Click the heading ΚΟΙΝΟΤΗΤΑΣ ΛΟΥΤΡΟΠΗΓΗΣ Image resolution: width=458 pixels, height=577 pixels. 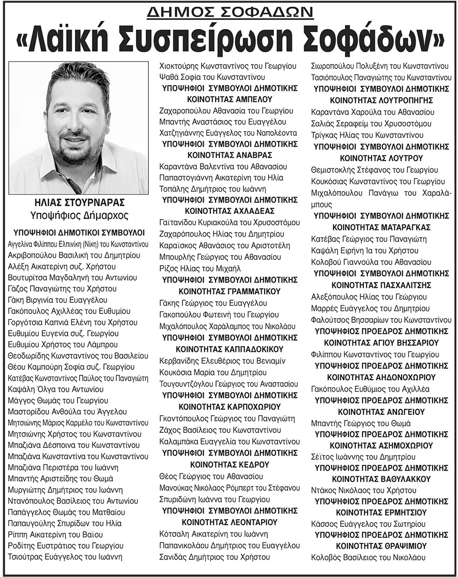(x=382, y=100)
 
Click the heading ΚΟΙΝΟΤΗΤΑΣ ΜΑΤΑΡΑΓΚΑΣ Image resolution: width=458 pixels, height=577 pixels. (x=382, y=227)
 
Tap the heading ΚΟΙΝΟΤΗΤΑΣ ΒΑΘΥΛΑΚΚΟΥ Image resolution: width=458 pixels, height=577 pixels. (x=382, y=478)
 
